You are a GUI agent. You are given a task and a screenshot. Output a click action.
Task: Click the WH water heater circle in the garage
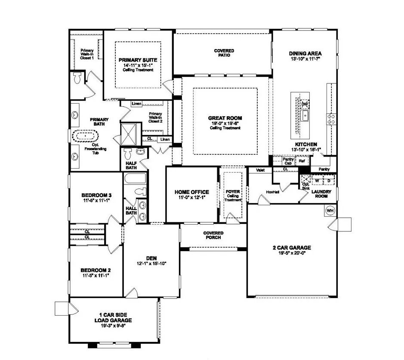(330, 211)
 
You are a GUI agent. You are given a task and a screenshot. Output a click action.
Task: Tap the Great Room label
(225, 118)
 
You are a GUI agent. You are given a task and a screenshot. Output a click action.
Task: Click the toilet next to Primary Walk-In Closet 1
(77, 78)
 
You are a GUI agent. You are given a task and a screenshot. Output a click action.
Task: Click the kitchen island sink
(305, 115)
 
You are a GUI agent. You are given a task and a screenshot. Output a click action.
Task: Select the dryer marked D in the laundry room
(329, 181)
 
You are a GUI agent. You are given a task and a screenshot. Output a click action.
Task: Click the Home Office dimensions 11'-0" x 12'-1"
(191, 198)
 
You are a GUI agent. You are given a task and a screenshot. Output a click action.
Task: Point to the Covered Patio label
(224, 53)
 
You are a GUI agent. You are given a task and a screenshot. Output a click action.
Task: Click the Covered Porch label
(213, 235)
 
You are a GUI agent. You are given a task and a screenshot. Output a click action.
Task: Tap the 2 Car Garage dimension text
(291, 253)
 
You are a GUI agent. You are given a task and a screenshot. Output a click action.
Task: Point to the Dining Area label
(305, 54)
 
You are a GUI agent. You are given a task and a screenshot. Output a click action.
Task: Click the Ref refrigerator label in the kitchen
(302, 161)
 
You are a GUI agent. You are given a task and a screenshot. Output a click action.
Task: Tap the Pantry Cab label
(288, 161)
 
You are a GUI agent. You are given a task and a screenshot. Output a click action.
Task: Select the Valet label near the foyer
(260, 170)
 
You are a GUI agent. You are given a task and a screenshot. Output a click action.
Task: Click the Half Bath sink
(140, 151)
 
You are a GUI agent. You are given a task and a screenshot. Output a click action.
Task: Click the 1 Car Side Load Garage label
(113, 317)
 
